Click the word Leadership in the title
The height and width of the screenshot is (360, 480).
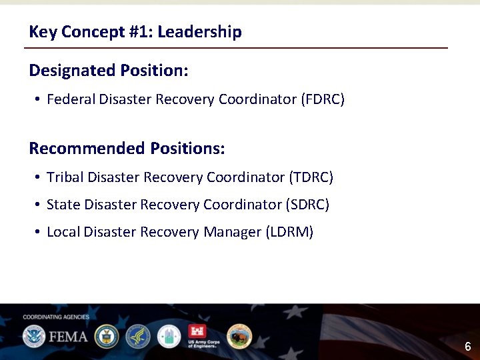[x=206, y=31]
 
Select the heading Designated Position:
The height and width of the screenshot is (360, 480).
[x=109, y=70]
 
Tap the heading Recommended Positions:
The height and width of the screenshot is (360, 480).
[x=127, y=148]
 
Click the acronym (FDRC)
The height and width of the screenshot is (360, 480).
[x=323, y=99]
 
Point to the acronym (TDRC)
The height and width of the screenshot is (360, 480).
[x=311, y=177]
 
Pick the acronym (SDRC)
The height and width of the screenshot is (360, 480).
[x=307, y=205]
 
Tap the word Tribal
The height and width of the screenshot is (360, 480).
[x=65, y=177]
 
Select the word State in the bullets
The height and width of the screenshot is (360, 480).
[x=63, y=205]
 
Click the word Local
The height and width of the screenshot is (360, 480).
[x=63, y=232]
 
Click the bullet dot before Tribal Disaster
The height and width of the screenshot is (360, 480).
[x=39, y=178]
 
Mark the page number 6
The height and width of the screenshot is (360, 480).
[x=468, y=347]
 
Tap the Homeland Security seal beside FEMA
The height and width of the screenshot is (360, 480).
[x=33, y=336]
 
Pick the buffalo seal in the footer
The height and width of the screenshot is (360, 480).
[x=239, y=336]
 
